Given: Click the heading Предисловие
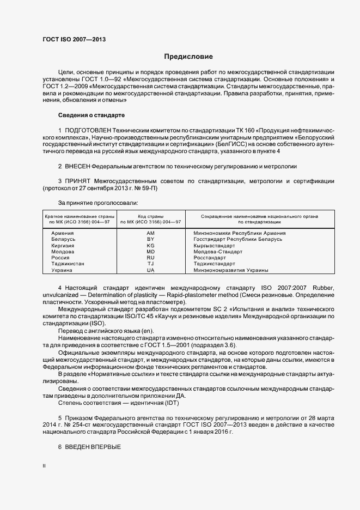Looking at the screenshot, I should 188,57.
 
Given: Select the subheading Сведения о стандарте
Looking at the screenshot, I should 91,116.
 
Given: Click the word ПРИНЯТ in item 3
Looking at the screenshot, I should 78,180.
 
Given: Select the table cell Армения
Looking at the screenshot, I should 63,233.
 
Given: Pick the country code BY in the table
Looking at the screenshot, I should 151,239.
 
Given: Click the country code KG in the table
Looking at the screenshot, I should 151,246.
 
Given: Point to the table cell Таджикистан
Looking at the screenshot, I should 68,264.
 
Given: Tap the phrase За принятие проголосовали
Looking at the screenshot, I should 90,203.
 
